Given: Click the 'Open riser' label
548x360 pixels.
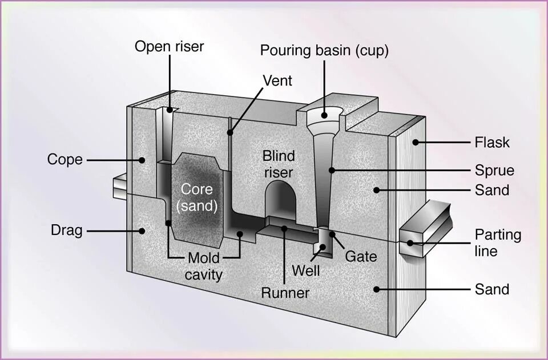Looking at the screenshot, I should pos(169,46).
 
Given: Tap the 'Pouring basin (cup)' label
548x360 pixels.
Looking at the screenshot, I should pos(324,50).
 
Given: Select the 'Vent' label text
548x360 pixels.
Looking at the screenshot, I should pos(277,80).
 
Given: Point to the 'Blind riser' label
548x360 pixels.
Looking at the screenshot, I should pos(279,164).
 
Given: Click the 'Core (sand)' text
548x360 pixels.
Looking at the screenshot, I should pos(197,197).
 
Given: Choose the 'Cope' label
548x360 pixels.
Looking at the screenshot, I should pos(65,160).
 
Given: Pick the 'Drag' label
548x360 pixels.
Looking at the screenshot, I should pos(67,230).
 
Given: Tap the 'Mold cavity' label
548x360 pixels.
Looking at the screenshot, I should pos(204,266).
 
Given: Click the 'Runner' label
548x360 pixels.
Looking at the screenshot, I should pos(285,293).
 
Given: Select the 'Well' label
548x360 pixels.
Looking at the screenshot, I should pos(306,270).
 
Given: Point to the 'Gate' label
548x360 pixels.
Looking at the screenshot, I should pos(361,256).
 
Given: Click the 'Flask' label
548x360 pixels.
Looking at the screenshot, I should pos(492,142).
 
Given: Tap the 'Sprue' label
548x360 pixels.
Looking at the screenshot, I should pos(494,170).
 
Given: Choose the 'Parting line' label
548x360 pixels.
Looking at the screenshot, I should pos(498,243).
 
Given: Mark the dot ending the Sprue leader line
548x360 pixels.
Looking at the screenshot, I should pos(332,169).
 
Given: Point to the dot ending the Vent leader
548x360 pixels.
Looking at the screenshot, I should pos(230,133).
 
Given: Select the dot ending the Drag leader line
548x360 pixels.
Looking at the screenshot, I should pos(140,230).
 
